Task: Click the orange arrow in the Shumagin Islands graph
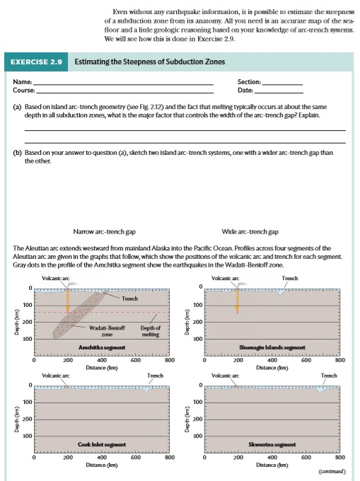click(x=238, y=300)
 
